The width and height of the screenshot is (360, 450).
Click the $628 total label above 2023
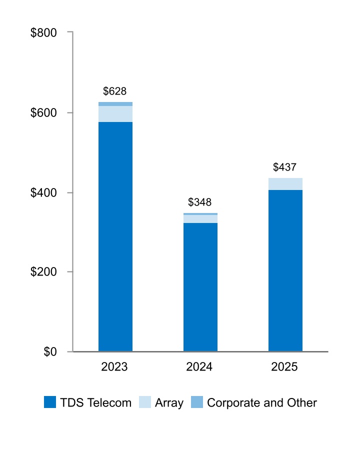(114, 91)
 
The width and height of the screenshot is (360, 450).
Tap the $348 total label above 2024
(199, 202)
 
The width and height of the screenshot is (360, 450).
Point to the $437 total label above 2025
(284, 167)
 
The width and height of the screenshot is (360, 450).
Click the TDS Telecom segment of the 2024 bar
(200, 287)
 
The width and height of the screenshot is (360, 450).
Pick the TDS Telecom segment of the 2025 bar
(285, 270)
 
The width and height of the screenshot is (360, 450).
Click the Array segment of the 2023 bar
(115, 114)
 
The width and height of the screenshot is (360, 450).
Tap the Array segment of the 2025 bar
(285, 184)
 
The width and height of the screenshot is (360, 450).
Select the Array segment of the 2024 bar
(200, 219)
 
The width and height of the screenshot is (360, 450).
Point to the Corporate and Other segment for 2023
(115, 104)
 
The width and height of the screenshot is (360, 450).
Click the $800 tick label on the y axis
(44, 33)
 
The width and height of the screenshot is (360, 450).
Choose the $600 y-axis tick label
(44, 113)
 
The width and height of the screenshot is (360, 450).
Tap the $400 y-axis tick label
(44, 192)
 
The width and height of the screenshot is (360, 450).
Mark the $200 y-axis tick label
(44, 272)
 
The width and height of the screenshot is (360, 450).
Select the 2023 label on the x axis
(114, 367)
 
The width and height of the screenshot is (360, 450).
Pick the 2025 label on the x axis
(284, 367)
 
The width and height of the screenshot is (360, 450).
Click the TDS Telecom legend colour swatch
(50, 402)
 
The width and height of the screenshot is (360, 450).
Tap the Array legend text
(169, 402)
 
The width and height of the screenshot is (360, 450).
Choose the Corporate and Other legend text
(261, 402)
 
